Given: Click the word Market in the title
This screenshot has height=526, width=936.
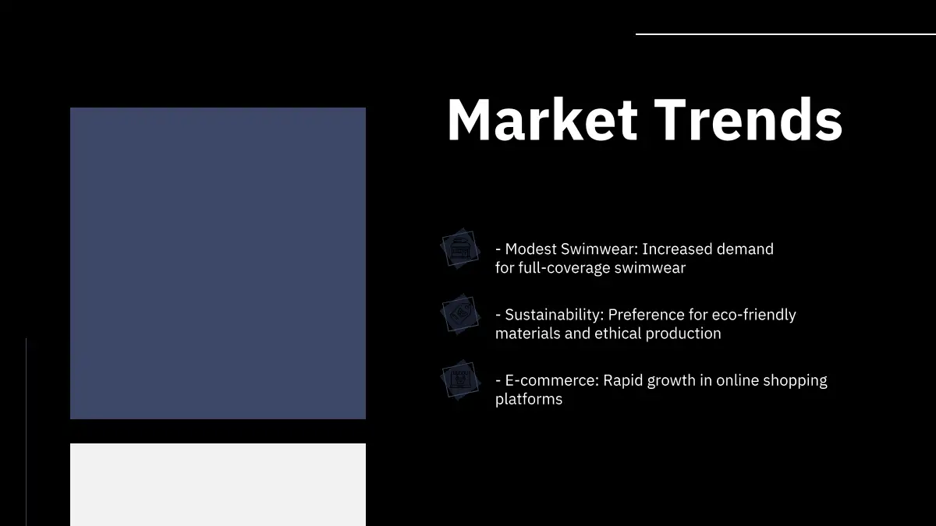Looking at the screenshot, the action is [542, 120].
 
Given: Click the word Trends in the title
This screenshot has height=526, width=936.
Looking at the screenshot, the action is [748, 120].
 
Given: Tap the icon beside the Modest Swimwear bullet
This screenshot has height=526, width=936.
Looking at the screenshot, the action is [460, 249].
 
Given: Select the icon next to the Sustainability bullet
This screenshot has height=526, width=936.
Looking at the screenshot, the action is [460, 314].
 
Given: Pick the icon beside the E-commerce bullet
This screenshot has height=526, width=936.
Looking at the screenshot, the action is [460, 380].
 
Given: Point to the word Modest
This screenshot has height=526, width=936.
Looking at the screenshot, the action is [530, 249].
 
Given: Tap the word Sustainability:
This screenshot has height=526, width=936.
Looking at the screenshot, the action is [555, 315].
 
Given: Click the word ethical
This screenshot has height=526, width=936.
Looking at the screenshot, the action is [618, 334].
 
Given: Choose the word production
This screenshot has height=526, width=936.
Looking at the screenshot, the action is [683, 334].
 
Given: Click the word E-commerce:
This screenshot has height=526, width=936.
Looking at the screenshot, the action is [552, 380].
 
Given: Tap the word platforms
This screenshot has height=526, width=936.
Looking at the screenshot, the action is [529, 400].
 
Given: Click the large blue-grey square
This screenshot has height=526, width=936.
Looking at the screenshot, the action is [218, 263].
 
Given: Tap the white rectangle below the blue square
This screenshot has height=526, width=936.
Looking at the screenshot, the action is [218, 485].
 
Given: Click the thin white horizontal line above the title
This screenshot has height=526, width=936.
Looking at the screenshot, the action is [785, 34].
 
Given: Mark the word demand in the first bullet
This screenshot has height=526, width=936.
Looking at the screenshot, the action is [745, 249].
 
